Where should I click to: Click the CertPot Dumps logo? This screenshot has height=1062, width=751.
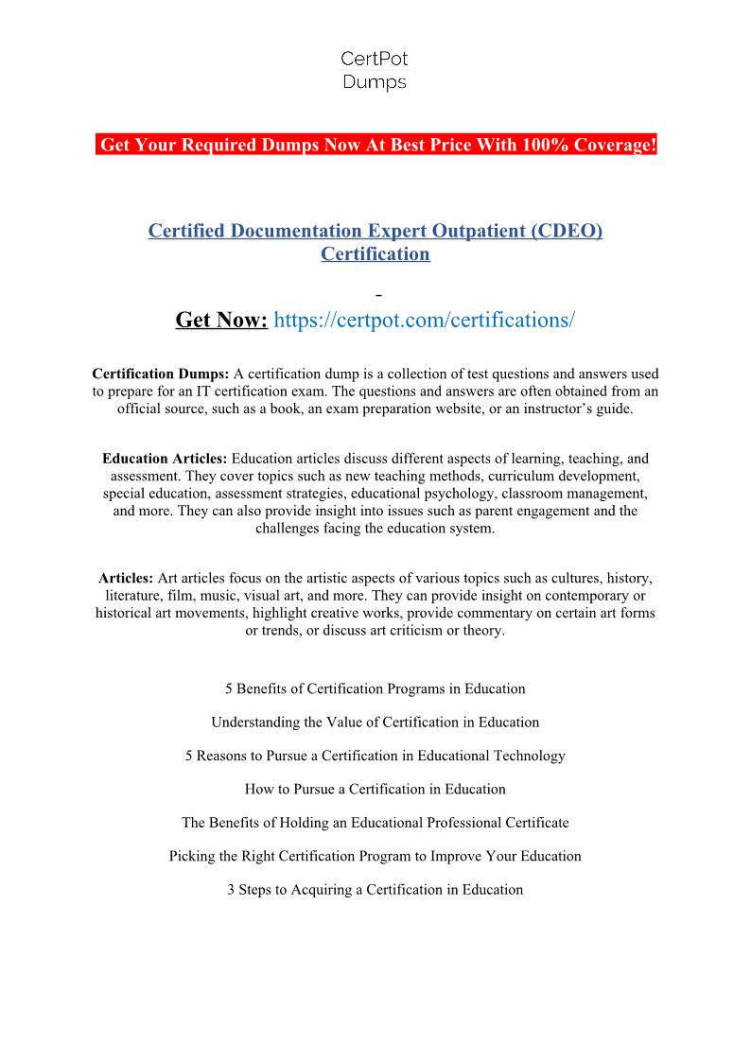point(375,71)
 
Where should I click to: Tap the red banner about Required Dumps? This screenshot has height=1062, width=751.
point(376,145)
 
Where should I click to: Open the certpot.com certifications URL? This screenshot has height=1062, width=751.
point(424,320)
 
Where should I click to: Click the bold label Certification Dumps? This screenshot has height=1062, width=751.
point(161,374)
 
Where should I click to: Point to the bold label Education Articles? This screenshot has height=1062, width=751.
point(165,459)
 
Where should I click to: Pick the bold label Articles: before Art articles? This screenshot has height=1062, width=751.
point(126,578)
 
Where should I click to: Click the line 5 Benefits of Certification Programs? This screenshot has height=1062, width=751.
point(375,688)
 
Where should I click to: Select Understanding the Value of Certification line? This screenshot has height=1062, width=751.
point(375,723)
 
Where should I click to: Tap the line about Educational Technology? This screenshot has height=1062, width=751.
point(375,756)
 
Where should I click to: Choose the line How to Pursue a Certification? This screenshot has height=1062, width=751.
point(375,789)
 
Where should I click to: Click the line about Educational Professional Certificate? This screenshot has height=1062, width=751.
point(375,823)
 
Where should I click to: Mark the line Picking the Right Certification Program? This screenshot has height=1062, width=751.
point(375,856)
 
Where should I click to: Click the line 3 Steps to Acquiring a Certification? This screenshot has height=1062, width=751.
point(375,890)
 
